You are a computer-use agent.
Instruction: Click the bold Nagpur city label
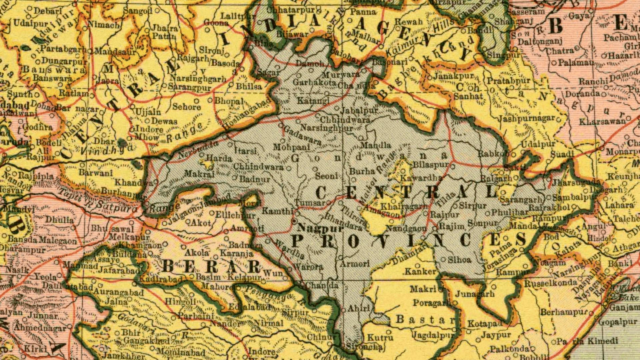[320, 228]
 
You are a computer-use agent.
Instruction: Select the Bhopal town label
[229, 101]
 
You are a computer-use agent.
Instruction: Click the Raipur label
[445, 215]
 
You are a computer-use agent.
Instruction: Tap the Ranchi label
[593, 81]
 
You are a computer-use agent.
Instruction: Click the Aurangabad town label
[119, 292]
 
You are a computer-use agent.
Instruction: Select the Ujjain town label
[148, 112]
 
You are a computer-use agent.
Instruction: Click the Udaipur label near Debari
[31, 24]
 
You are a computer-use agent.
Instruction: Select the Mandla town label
[376, 145]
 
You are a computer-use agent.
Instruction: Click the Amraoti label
[247, 229]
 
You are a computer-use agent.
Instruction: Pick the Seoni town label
[326, 176]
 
